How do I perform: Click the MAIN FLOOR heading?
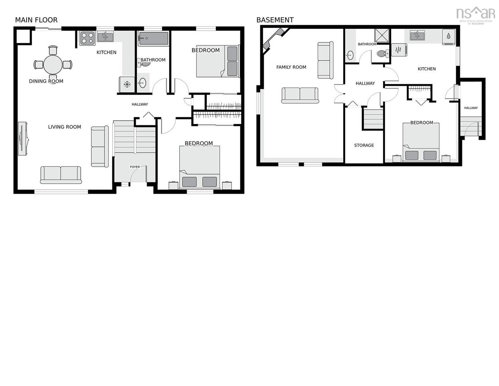36,20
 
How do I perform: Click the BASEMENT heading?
275,20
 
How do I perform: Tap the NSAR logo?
476,15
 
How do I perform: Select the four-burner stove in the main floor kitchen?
87,38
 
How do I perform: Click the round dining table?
53,65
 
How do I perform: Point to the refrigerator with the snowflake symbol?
127,85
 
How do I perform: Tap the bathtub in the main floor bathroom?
153,38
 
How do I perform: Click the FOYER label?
135,167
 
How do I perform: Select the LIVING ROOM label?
64,127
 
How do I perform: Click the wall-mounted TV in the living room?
23,139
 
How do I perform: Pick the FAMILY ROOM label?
291,67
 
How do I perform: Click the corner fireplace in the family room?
273,39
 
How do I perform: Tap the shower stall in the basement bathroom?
382,36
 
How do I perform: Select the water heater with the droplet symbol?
449,36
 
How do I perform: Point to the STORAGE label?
364,145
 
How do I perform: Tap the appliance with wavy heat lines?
399,50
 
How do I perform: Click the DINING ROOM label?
46,81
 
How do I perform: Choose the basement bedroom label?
422,123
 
